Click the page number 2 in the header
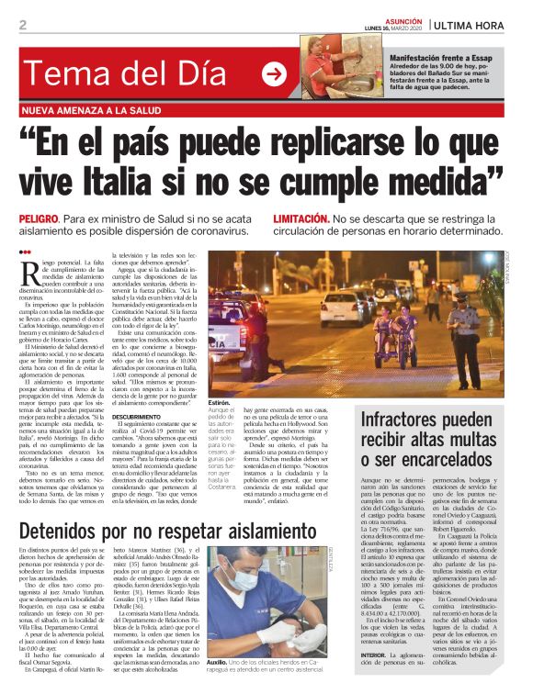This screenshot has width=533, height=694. (22, 25)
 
